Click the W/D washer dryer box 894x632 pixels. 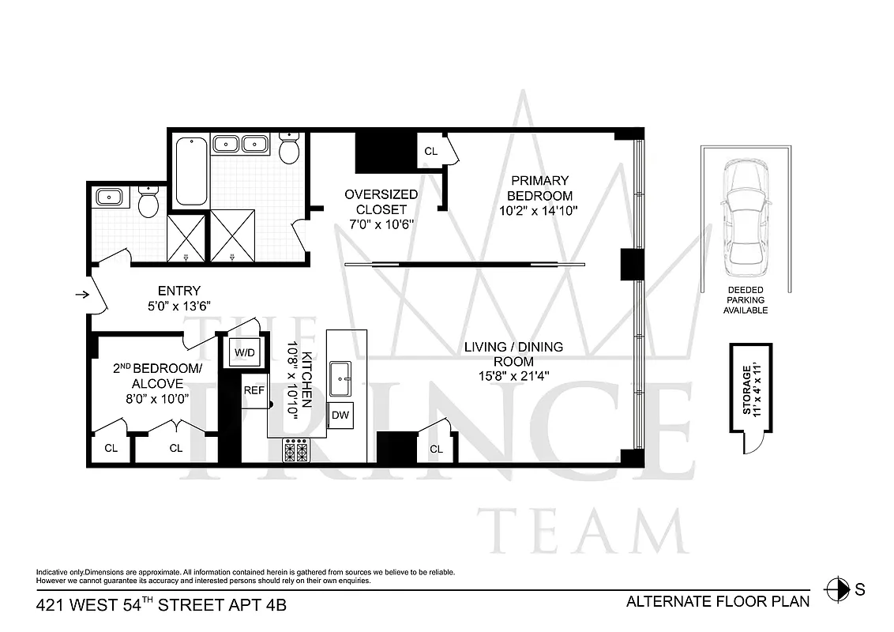pyautogui.click(x=244, y=352)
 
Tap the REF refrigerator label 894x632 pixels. pyautogui.click(x=254, y=390)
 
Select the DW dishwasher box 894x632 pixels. pyautogui.click(x=340, y=415)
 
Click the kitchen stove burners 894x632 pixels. pyautogui.click(x=297, y=452)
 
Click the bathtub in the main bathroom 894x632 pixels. pyautogui.click(x=190, y=171)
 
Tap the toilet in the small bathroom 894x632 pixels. pyautogui.click(x=148, y=202)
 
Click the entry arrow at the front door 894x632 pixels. pyautogui.click(x=81, y=295)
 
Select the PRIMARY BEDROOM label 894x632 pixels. pyautogui.click(x=539, y=188)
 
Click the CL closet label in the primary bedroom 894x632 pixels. pyautogui.click(x=431, y=151)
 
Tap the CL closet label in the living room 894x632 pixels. pyautogui.click(x=436, y=449)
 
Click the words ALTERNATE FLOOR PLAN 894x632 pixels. pyautogui.click(x=718, y=601)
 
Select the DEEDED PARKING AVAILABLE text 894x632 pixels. pyautogui.click(x=746, y=301)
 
